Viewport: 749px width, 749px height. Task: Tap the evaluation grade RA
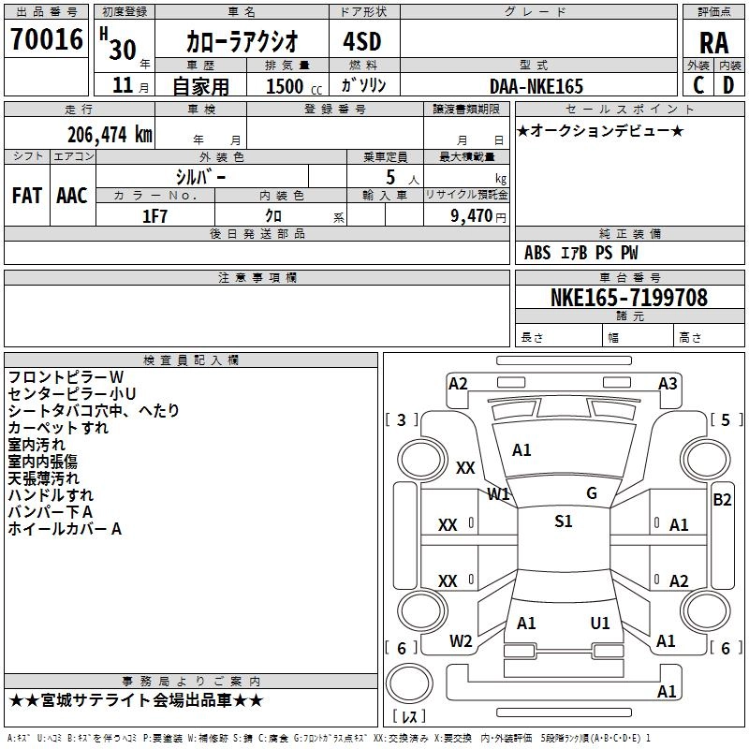[x=713, y=42]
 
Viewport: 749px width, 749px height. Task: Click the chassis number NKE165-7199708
[x=629, y=298]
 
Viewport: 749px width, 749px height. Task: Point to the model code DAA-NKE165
[x=536, y=86]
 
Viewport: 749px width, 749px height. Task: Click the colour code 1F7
[x=154, y=215]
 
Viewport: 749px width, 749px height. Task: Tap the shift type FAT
[x=26, y=196]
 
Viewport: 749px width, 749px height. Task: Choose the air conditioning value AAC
[x=72, y=196]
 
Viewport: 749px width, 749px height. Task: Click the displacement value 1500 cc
[x=285, y=86]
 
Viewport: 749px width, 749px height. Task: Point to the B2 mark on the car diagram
[x=722, y=500]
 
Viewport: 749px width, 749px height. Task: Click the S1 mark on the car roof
[x=563, y=521]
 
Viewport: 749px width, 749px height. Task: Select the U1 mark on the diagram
[x=600, y=623]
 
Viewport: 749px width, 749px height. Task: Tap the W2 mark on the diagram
[x=461, y=641]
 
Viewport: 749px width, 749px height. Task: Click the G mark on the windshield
[x=592, y=493]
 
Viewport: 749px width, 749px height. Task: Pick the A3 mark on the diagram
[x=668, y=383]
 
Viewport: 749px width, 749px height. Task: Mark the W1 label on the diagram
[x=498, y=493]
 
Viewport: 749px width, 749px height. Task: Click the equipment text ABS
[x=537, y=253]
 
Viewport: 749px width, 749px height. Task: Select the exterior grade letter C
[x=698, y=85]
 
